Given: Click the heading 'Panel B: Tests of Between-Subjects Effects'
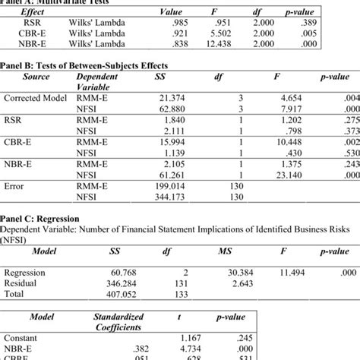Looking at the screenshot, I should point(84,65).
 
